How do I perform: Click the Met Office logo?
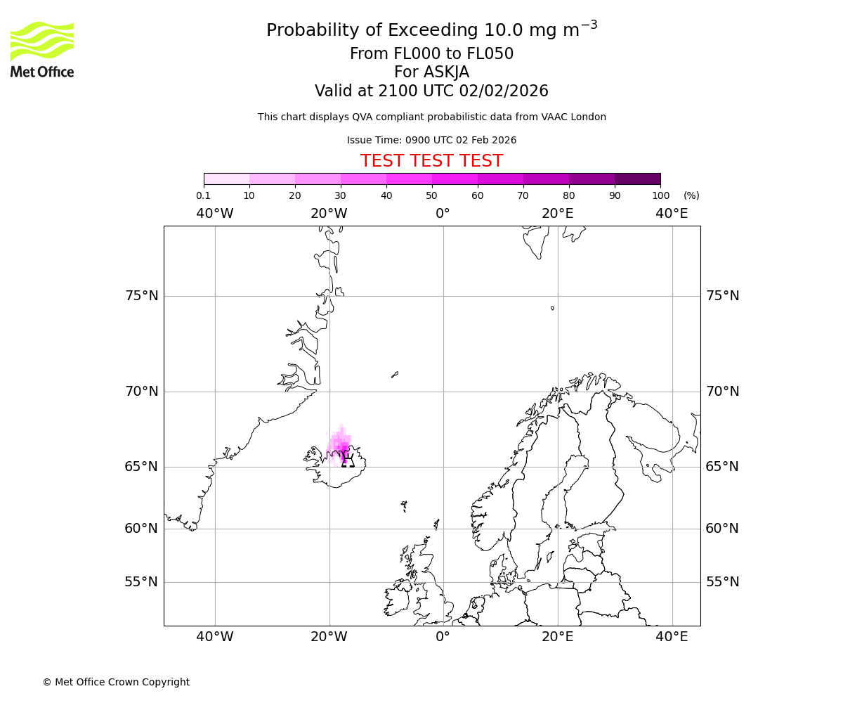tap(42, 49)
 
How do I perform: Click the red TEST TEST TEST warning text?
tap(431, 161)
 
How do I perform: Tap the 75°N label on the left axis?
tap(142, 296)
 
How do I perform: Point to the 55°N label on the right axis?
tap(722, 582)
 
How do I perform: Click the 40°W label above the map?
tap(214, 214)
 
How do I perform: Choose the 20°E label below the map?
tap(558, 637)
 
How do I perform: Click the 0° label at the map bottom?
tap(443, 637)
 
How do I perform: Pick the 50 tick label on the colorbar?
tap(431, 195)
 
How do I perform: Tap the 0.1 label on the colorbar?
tap(203, 195)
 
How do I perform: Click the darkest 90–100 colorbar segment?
tap(637, 179)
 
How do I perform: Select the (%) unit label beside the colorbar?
tap(691, 195)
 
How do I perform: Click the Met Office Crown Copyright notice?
tap(116, 682)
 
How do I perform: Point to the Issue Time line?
tap(431, 140)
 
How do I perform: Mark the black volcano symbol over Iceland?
tap(348, 460)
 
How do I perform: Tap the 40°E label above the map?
tap(672, 214)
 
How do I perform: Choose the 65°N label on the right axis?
tap(722, 467)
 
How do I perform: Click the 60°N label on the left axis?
tap(142, 529)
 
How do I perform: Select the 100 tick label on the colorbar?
tap(660, 195)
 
